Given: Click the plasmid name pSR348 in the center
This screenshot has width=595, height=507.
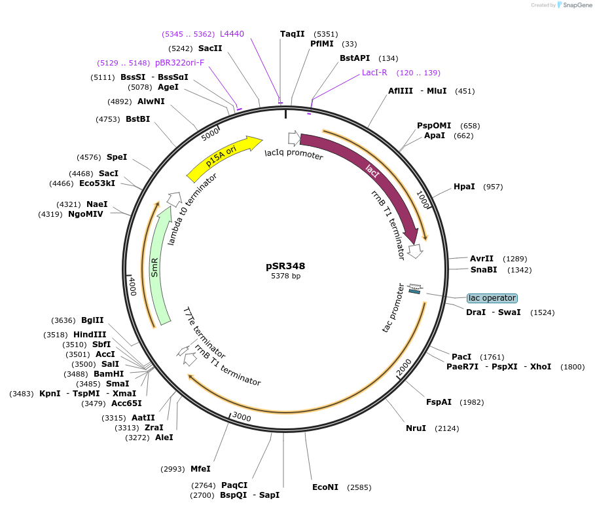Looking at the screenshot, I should pos(285,266).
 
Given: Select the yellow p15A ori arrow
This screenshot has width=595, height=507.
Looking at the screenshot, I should pos(223,159).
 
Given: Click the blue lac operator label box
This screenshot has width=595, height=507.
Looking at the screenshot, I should pos(492,298).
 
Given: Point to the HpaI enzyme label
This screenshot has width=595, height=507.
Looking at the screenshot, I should pos(464,187).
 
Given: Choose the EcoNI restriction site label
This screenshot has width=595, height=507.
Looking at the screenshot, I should pos(325,487).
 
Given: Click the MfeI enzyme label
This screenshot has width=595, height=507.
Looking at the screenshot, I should pos(200,468).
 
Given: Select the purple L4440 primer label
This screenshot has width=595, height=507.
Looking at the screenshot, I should pos(232,33).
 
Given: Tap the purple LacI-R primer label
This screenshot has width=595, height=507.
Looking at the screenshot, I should pos(374,73).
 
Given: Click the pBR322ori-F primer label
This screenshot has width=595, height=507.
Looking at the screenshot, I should pos(179,63).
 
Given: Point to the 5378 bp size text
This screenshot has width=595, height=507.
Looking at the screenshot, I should pos(285,276).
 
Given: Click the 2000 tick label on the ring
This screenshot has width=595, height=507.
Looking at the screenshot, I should pos(404,367).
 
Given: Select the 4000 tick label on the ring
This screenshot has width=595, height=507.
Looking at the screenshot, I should pos(132,286).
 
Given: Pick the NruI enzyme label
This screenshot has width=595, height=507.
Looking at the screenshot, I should pos(416,428).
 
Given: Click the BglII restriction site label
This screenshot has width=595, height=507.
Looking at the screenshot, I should pos(92,320).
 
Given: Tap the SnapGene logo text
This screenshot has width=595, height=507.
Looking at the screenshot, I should pos(576,5).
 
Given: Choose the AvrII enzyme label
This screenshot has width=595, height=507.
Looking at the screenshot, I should pos(482,259).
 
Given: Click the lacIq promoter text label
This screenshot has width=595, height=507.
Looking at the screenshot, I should pos(294,155).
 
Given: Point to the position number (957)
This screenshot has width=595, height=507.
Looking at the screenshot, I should pos(493,187).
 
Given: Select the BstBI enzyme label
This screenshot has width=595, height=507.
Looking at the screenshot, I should pos(137,119).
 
